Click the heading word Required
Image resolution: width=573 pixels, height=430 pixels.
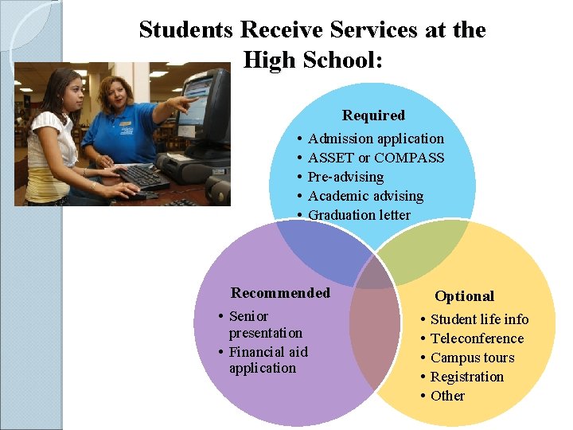tap(373, 115)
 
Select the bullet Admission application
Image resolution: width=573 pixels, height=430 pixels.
tap(376, 139)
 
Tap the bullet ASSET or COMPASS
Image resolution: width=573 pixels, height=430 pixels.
tap(376, 158)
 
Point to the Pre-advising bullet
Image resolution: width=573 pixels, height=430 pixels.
tap(345, 177)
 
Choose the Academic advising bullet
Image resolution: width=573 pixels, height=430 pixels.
tap(365, 196)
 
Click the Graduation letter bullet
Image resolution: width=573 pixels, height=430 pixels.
tap(359, 215)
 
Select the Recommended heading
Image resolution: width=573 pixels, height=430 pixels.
tap(280, 292)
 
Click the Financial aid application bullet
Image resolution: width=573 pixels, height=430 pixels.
tap(267, 360)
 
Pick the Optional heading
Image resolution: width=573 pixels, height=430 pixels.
tap(464, 296)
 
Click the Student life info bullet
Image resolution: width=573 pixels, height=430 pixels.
tap(479, 319)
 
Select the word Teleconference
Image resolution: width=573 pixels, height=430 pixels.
tap(477, 338)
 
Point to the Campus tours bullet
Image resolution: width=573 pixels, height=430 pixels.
tap(472, 358)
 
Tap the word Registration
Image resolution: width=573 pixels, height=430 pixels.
tap(467, 377)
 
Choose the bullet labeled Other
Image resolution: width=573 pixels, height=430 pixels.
tap(447, 396)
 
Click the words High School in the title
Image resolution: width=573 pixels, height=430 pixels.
tap(313, 59)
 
